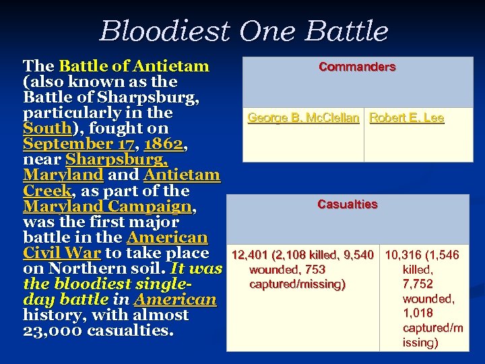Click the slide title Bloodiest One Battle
[244, 31]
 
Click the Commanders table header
[357, 67]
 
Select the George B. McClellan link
[303, 118]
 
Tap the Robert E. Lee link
[406, 118]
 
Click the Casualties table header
[348, 204]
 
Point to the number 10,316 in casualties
[403, 255]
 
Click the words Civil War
[62, 253]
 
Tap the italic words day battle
[65, 300]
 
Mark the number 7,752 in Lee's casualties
[418, 284]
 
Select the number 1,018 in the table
[418, 313]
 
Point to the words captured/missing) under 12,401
[297, 284]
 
